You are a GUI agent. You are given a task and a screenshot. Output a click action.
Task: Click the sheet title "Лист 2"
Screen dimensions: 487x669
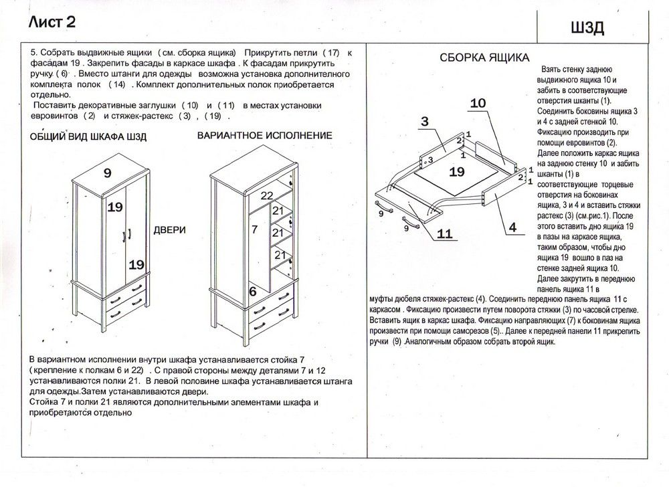pyautogui.click(x=52, y=22)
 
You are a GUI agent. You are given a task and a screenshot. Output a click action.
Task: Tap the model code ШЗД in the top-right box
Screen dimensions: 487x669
pyautogui.click(x=588, y=27)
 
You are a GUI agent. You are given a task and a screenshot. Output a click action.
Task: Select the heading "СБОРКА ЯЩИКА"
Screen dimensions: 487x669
pyautogui.click(x=484, y=58)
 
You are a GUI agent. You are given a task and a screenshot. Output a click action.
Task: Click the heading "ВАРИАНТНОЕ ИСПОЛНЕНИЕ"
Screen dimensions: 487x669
pyautogui.click(x=265, y=135)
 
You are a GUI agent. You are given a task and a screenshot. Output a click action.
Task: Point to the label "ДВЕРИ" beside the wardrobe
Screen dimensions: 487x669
pyautogui.click(x=170, y=229)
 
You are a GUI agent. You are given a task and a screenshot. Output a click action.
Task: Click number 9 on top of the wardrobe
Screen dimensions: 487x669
pyautogui.click(x=107, y=173)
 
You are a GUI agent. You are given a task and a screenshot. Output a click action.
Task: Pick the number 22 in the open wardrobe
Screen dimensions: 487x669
pyautogui.click(x=267, y=195)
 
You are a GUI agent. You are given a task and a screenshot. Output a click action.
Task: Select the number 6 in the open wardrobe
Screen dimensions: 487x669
pyautogui.click(x=253, y=291)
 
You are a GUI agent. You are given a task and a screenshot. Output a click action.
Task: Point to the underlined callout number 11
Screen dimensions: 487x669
pyautogui.click(x=445, y=233)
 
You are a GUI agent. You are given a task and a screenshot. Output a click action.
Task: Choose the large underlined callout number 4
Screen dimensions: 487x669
pyautogui.click(x=512, y=228)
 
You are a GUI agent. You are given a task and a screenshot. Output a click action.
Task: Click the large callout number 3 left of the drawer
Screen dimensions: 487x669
pyautogui.click(x=424, y=121)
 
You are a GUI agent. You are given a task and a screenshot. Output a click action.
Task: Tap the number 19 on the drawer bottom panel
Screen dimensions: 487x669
pyautogui.click(x=457, y=172)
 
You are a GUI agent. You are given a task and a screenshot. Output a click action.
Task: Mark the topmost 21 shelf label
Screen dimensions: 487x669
pyautogui.click(x=278, y=211)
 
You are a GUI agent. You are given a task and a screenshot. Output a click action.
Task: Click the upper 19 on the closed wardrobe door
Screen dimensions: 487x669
pyautogui.click(x=115, y=207)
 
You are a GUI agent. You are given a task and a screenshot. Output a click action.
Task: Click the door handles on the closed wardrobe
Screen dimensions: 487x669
pyautogui.click(x=125, y=235)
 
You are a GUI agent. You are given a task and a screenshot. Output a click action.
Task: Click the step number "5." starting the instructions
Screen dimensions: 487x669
pyautogui.click(x=34, y=52)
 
